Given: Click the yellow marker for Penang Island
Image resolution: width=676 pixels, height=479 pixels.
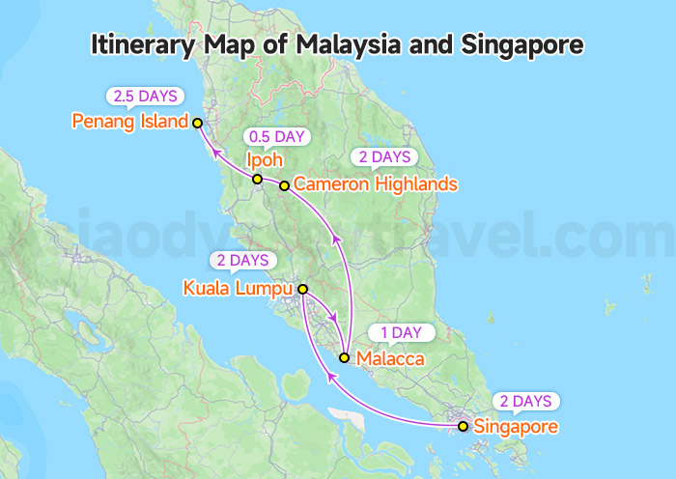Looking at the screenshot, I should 197,123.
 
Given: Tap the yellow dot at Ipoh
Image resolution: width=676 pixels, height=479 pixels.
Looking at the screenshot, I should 257,180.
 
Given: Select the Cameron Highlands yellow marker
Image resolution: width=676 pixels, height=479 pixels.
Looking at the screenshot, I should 284,185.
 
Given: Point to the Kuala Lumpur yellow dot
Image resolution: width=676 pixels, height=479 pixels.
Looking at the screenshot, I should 302,289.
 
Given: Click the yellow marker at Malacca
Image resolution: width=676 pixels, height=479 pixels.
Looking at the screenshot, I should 344,357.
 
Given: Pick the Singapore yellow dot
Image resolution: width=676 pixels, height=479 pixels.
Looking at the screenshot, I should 463,426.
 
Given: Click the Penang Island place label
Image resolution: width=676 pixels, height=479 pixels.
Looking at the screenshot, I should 130,122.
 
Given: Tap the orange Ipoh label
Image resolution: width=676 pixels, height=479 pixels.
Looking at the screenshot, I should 264,159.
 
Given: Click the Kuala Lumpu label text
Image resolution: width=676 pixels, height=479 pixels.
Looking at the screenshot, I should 239,288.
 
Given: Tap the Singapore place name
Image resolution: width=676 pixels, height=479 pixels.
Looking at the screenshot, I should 516,426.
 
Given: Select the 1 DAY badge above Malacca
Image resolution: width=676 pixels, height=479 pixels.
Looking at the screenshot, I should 400,333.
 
